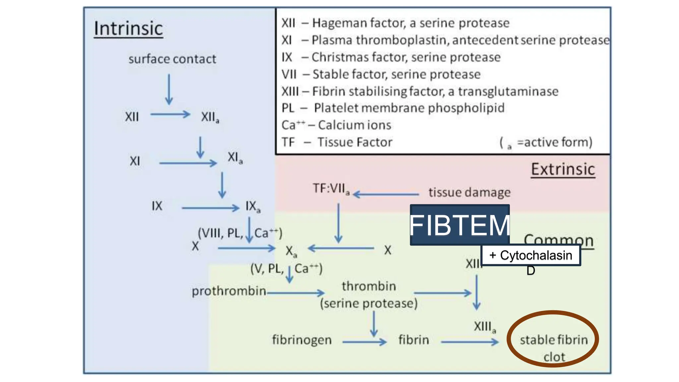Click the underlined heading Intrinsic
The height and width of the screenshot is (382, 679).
[x=128, y=29]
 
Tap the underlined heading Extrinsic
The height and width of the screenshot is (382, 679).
[x=563, y=169]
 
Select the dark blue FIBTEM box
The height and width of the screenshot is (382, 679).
[x=460, y=225]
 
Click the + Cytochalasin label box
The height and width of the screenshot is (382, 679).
[x=531, y=255]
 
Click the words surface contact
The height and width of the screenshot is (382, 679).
[x=172, y=59]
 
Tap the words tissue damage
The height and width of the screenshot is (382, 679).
[x=469, y=192]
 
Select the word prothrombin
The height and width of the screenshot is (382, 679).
[x=229, y=291]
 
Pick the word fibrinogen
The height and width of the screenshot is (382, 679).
[x=302, y=340]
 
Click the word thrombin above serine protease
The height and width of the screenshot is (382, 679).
[x=369, y=286]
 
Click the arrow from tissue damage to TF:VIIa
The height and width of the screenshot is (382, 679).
[x=386, y=194]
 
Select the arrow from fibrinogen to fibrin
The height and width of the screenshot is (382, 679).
[x=364, y=342]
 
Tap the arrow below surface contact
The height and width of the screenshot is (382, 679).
[x=169, y=89]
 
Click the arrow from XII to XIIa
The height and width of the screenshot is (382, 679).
[x=170, y=114]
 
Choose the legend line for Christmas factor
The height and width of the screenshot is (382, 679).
[x=391, y=57]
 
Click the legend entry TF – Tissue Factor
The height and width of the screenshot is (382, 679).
[x=337, y=142]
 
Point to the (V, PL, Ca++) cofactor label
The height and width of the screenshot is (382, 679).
[x=286, y=269]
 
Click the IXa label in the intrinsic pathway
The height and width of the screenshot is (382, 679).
[x=253, y=206]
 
